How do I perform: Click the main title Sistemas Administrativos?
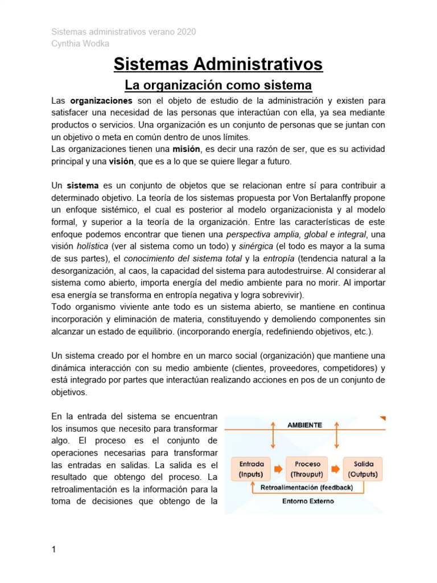coord(218,64)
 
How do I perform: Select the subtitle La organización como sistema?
coord(218,85)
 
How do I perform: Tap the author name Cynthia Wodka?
coord(80,44)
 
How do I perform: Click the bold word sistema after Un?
coord(83,186)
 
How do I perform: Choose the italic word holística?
coord(92,247)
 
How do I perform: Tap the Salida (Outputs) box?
coord(364,469)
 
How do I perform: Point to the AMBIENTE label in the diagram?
coord(304,425)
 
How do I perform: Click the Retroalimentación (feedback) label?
coord(306,488)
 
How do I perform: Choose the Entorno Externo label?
coord(308,502)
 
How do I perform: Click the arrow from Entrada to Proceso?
coord(278,469)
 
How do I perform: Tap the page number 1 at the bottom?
coord(53,549)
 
